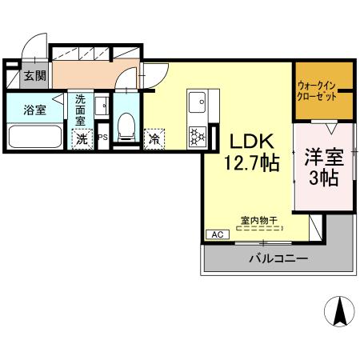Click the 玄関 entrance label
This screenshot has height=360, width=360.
tap(34, 77)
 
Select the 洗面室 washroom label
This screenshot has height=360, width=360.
tap(82, 110)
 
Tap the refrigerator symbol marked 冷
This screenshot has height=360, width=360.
tap(154, 138)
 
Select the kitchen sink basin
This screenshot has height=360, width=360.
tap(197, 102)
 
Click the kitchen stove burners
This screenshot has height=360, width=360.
tap(196, 135)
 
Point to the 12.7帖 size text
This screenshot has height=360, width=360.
tap(250, 163)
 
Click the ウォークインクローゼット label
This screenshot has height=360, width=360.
tap(323, 90)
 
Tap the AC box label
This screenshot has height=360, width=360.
tap(217, 234)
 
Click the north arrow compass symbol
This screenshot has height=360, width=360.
tap(338, 311)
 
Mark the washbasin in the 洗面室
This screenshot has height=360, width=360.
tap(101, 106)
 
